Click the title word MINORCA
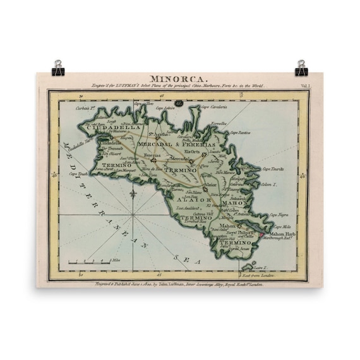[178, 76]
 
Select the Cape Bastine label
[241, 133]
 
